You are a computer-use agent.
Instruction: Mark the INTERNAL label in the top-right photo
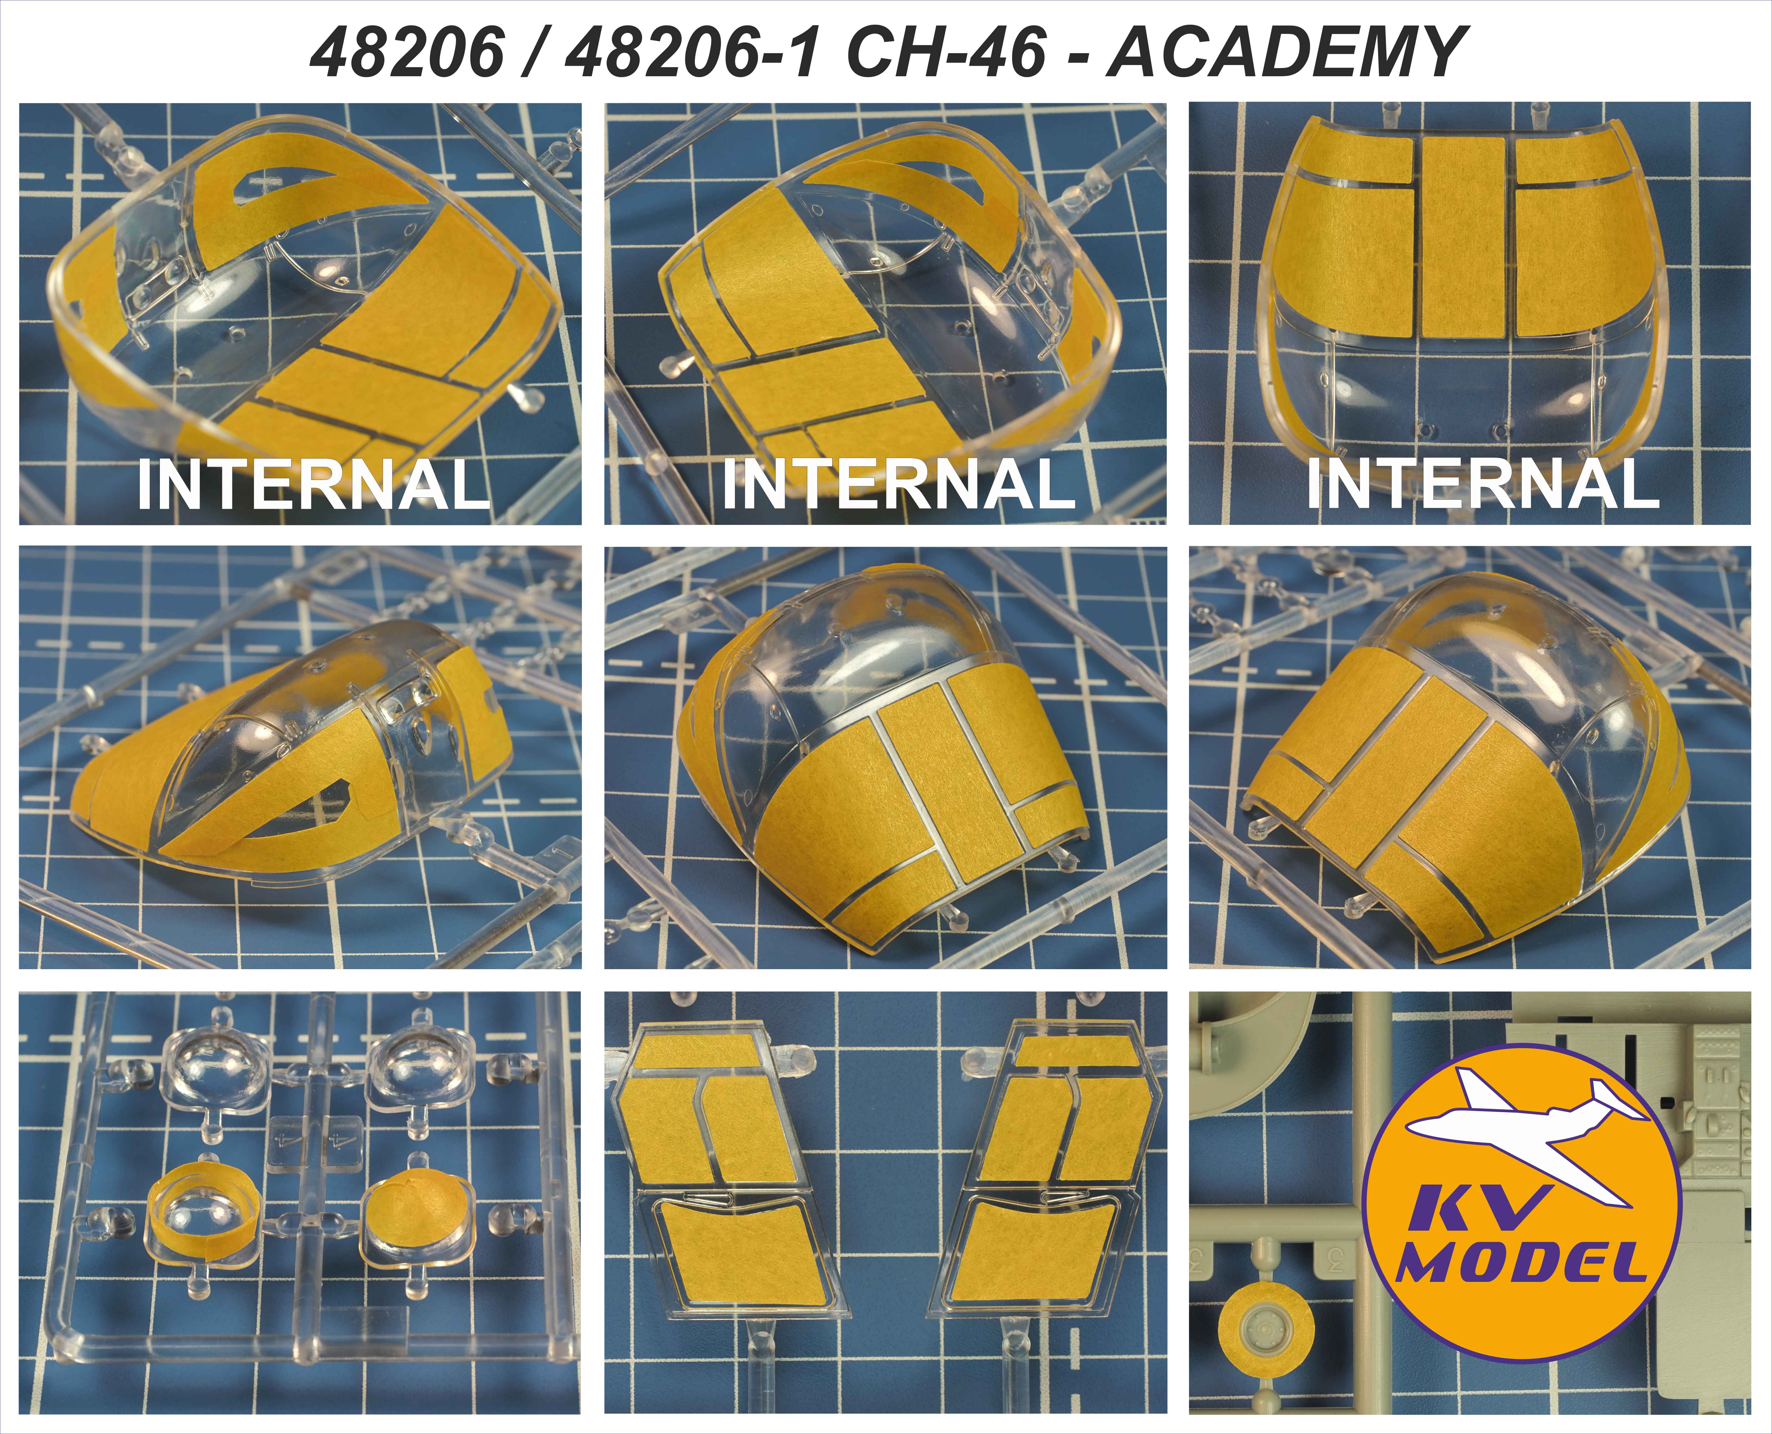pyautogui.click(x=1483, y=486)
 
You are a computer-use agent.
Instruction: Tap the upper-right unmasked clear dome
pyautogui.click(x=421, y=1062)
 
